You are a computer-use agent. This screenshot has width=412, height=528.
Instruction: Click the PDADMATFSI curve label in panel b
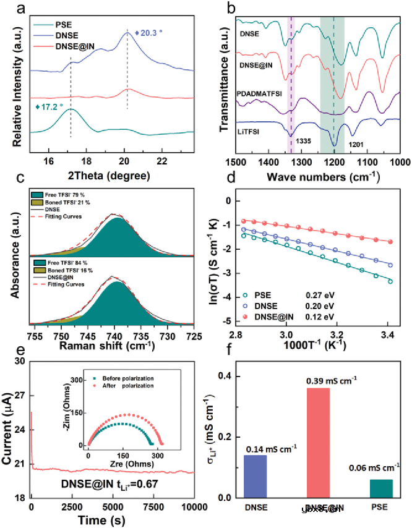click(260, 93)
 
